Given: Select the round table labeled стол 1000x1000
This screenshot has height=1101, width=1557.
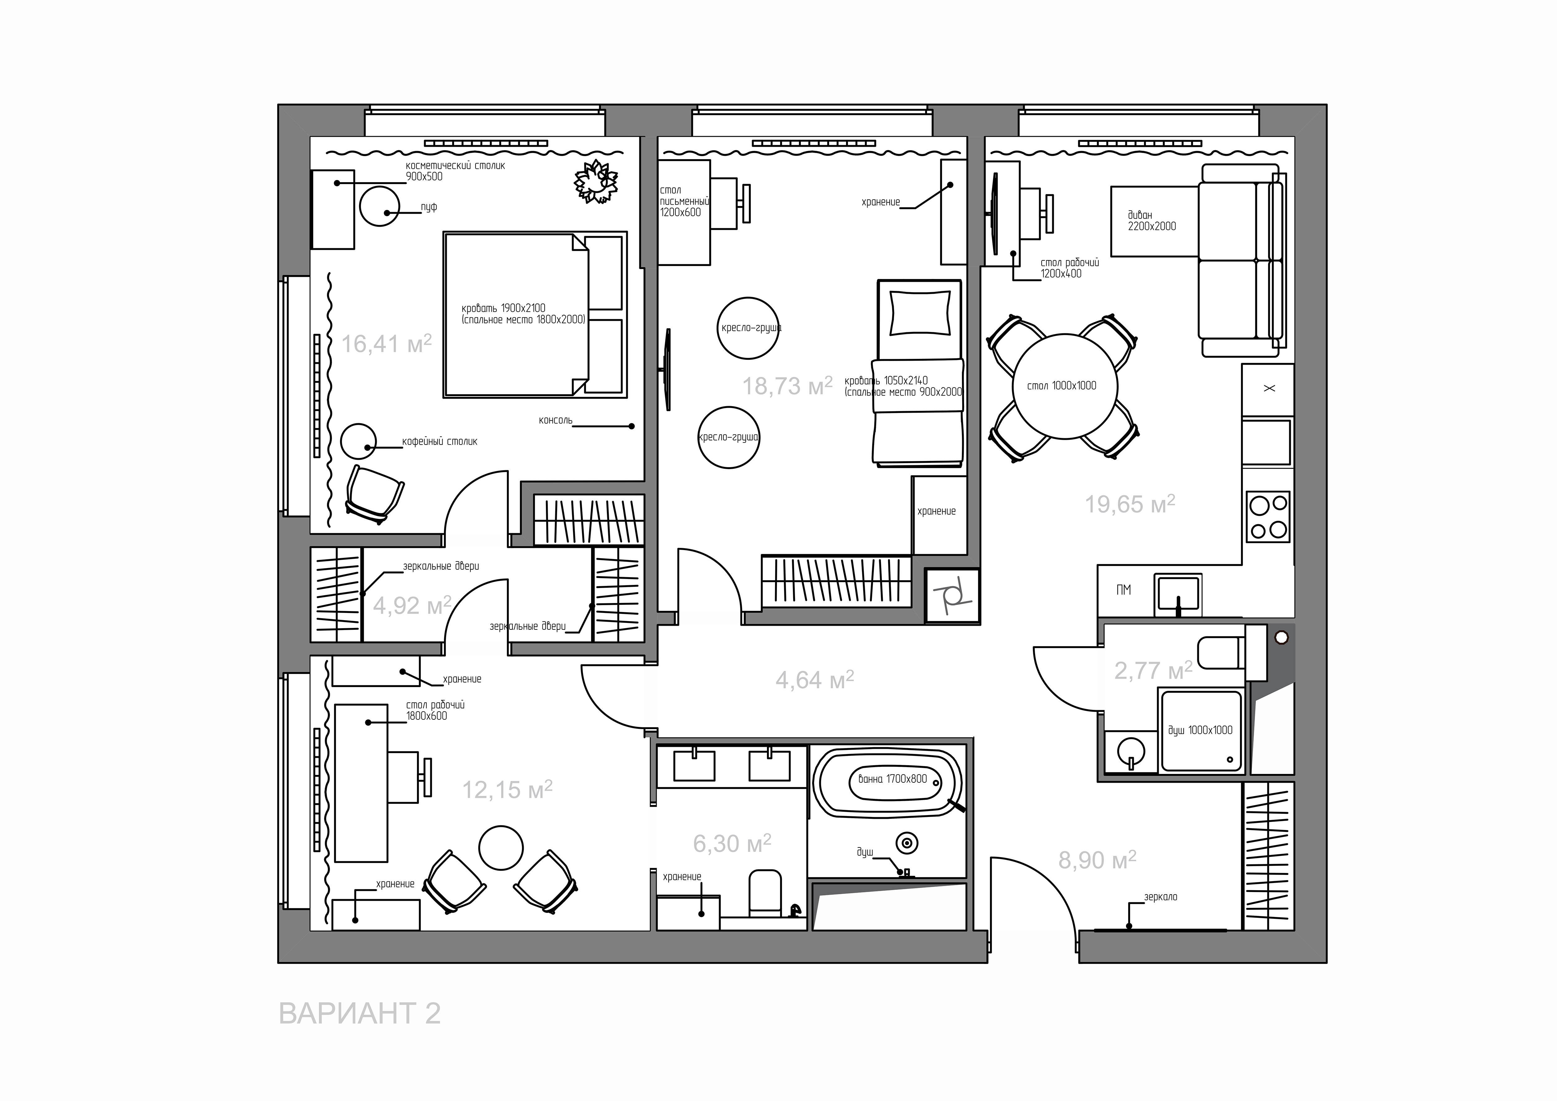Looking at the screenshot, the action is pos(1062,386).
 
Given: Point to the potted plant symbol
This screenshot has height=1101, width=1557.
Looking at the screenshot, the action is pos(596,181).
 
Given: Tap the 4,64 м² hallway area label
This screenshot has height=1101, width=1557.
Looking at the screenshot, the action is pos(814,679).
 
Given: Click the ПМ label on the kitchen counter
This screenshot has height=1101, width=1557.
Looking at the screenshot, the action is pos(1124,590).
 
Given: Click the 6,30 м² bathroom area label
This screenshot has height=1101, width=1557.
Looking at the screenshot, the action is pos(732,843).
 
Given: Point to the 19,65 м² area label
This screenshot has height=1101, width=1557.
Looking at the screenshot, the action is pos(1130,504).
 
